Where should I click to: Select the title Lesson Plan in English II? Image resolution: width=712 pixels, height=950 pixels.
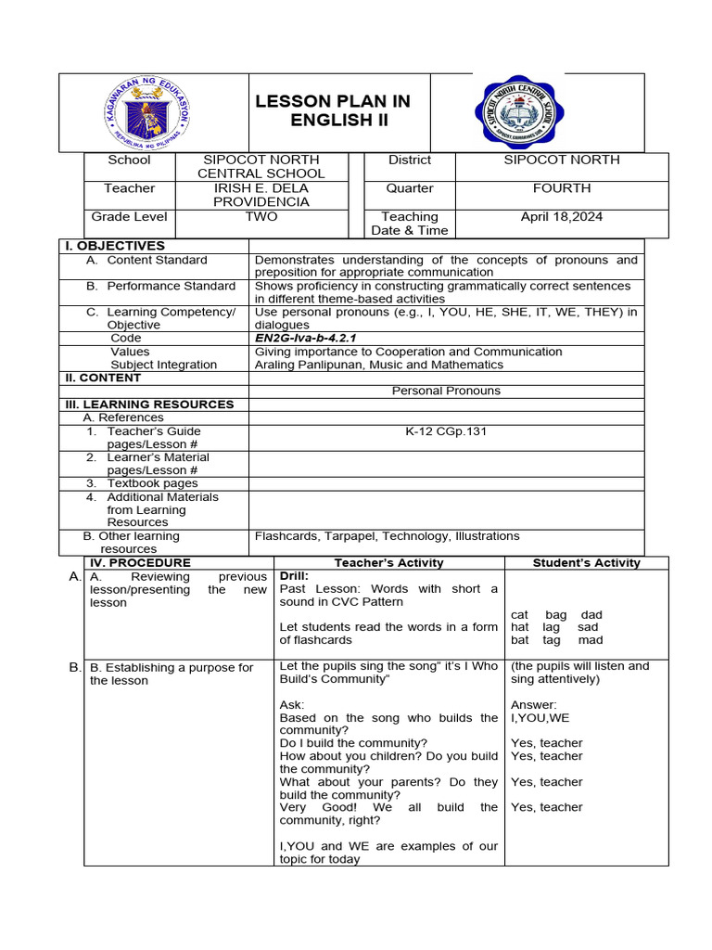tap(333, 111)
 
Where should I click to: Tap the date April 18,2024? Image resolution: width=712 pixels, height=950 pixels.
tap(561, 216)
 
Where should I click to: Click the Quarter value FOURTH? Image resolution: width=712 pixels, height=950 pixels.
tap(561, 188)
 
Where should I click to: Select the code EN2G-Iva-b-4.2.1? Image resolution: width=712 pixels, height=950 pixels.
tap(305, 339)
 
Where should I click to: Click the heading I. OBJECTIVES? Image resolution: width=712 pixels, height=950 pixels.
tap(114, 246)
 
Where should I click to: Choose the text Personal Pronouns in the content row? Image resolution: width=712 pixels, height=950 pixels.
tap(446, 391)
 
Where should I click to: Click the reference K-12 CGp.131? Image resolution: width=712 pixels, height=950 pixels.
tap(446, 431)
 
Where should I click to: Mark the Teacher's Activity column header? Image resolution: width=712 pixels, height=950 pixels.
tap(388, 562)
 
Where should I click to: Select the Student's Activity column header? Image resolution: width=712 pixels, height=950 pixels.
tap(586, 562)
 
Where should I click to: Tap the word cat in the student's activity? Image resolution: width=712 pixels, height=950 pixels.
tap(520, 615)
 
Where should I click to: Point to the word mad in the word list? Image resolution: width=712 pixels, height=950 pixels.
tap(590, 640)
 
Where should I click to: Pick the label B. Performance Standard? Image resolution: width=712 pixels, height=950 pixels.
tap(160, 286)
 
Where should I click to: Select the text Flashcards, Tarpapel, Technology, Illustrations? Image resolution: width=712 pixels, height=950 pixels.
tap(387, 536)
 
